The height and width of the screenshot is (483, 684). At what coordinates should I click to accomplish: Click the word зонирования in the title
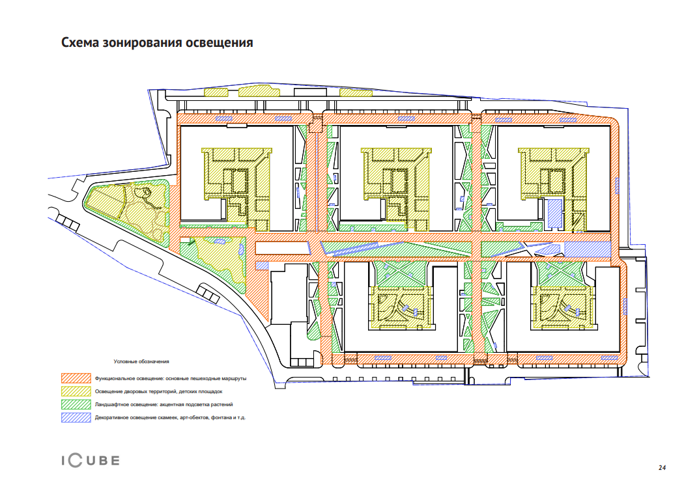point(148,44)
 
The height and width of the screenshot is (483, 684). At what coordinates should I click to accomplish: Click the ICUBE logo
point(91,461)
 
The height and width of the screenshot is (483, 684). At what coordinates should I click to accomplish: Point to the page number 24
point(662,468)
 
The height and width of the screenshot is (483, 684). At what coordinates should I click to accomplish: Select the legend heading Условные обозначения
point(141,361)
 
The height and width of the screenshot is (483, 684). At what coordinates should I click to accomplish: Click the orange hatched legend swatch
point(74,378)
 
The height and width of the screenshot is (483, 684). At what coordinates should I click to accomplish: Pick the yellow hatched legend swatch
point(74,391)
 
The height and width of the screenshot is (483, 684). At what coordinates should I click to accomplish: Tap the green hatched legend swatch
point(74,404)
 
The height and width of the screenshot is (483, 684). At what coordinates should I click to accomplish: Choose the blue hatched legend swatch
point(74,417)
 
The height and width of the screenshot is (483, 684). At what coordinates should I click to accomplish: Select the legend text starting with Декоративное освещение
point(173,417)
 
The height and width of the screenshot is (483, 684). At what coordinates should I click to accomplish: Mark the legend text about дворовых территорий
point(159,391)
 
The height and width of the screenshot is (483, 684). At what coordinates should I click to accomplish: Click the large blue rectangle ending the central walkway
point(586,249)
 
